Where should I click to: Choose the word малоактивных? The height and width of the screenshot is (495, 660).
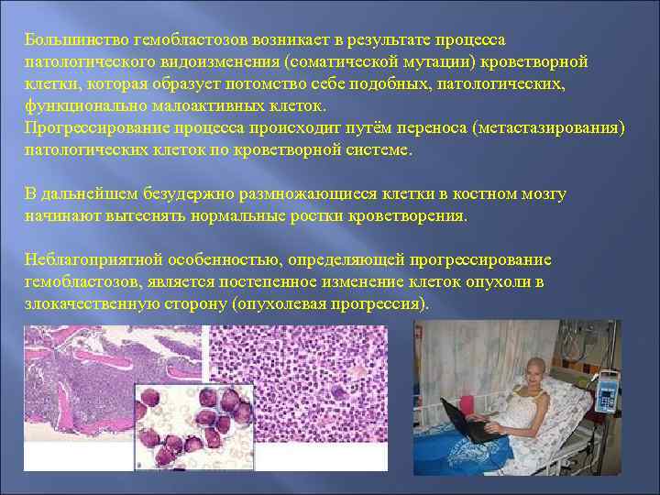point(191,105)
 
